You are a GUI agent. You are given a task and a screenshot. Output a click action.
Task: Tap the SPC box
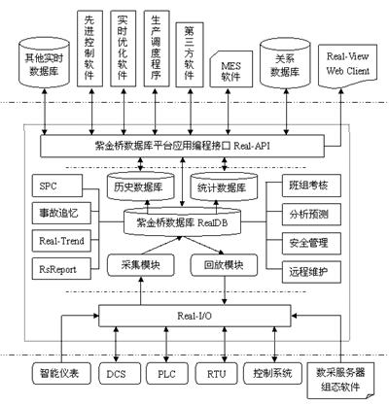tap(51, 186)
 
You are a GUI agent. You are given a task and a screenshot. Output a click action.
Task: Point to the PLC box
tap(168, 372)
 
